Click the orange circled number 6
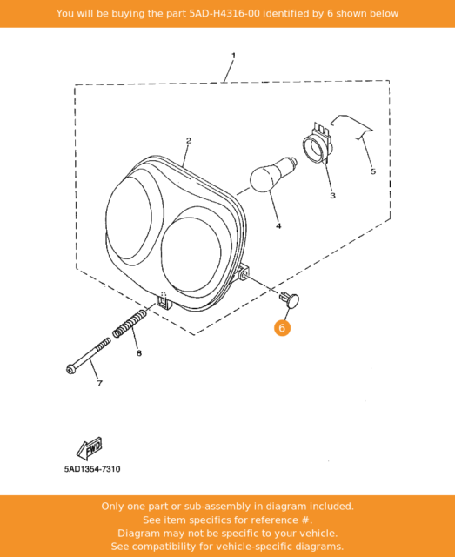point(282,328)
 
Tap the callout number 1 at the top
point(233,56)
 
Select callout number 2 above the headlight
point(189,141)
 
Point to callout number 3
point(332,195)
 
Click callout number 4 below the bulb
point(278,226)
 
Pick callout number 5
point(373,171)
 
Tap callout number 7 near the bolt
point(100,383)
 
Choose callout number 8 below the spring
point(139,353)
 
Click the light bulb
point(273,174)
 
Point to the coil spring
point(130,324)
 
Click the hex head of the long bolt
point(70,369)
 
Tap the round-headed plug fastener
point(290,299)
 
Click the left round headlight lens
point(129,218)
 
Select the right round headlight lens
point(191,254)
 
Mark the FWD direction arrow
point(89,448)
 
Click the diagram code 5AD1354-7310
point(92,469)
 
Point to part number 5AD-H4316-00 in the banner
point(224,14)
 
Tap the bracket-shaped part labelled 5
point(351,127)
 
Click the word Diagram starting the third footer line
point(134,534)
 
